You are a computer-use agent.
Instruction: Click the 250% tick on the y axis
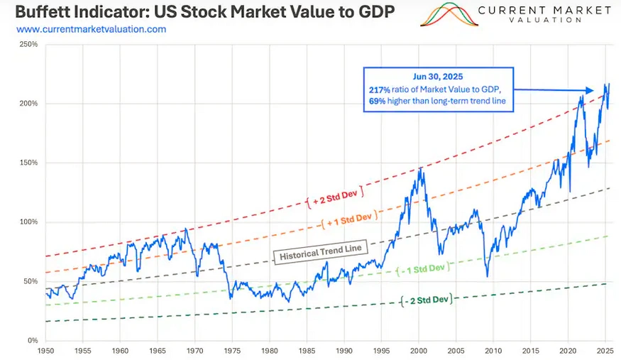[29, 44]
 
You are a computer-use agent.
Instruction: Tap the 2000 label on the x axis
[419, 350]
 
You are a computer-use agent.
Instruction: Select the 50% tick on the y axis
[29, 281]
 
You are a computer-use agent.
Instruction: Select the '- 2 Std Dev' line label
[426, 300]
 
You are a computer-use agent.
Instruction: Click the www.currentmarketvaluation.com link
[91, 29]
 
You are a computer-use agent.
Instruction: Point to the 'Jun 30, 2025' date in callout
[439, 75]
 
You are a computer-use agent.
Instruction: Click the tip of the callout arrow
[594, 90]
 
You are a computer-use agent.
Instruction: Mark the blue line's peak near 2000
[421, 168]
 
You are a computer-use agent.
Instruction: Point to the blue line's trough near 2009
[488, 276]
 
